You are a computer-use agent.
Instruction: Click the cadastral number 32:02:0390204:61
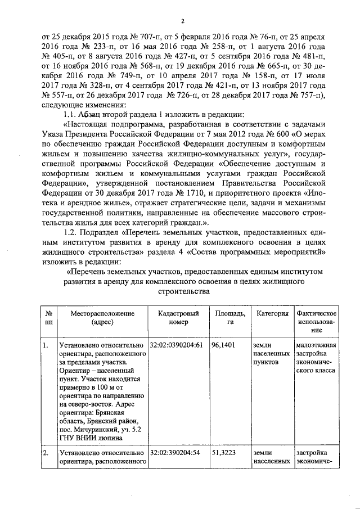pos(176,345)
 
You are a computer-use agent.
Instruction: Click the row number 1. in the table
pos(46,345)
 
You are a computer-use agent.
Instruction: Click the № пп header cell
pos(48,317)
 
